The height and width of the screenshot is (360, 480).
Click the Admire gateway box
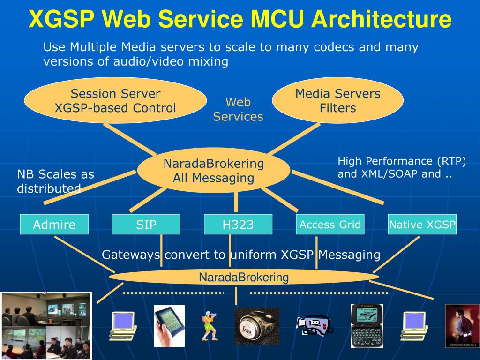pos(54,225)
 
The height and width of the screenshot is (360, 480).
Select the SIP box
pos(146,225)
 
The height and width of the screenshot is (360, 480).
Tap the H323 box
pos(238,225)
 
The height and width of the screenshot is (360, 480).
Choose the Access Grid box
pos(330,225)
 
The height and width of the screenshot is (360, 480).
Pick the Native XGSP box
pos(422,225)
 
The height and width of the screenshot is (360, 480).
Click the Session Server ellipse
pos(115,100)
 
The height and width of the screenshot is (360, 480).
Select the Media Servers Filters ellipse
pos(337,100)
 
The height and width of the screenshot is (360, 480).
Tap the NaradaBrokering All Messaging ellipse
pos(214,171)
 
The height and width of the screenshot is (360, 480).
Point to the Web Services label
pos(238,109)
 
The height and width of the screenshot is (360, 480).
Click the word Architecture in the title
pos(382,19)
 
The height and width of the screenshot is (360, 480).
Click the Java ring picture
pos(257,326)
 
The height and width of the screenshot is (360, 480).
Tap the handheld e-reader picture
pos(169,326)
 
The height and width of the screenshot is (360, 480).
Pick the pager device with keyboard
pos(367,326)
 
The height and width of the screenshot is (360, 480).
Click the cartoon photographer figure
pos(210,326)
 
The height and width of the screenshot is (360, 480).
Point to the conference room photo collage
pos(46,326)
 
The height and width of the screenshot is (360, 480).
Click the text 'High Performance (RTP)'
pos(402,161)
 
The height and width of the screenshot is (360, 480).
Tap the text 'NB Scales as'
pos(55,174)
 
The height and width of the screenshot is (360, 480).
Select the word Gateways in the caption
pos(131,255)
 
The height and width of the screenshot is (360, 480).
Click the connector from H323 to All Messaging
pos(236,202)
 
